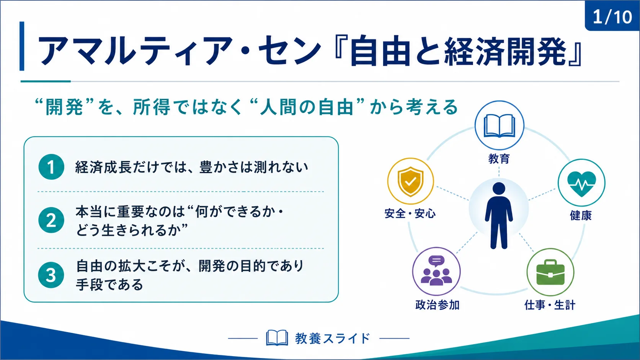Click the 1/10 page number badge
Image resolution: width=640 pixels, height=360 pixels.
(x=612, y=16)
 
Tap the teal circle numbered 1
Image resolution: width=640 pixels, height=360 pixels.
(x=51, y=167)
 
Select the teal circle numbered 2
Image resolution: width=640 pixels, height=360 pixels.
(x=51, y=220)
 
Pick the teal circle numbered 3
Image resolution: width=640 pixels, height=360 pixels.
(x=51, y=275)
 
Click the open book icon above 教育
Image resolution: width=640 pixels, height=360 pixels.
(x=499, y=125)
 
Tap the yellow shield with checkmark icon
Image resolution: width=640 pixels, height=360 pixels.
(x=411, y=182)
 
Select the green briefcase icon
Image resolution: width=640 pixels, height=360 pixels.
(x=550, y=272)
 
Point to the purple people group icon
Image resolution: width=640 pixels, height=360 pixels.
(x=436, y=270)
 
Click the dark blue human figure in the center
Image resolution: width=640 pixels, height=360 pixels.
(x=499, y=215)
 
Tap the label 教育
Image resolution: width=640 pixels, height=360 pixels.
(x=499, y=159)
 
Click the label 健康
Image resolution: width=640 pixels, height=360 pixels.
(x=581, y=215)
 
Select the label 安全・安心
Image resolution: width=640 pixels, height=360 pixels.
(x=410, y=213)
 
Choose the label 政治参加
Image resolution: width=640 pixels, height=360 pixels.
(x=438, y=305)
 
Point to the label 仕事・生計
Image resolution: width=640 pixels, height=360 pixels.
(x=550, y=305)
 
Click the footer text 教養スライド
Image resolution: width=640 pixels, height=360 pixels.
(x=333, y=338)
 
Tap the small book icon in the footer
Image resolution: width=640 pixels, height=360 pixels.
(x=277, y=338)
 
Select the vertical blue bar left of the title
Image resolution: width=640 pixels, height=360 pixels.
(x=22, y=46)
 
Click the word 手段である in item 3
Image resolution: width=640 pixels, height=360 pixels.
(x=109, y=285)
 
